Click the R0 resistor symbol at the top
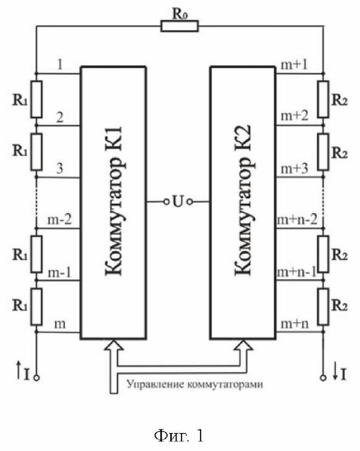[180, 26]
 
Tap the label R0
[180, 14]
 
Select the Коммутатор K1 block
[113, 203]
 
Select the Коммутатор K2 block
[243, 203]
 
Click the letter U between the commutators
[178, 202]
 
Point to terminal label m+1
[294, 65]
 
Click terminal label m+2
[294, 116]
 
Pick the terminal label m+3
[294, 168]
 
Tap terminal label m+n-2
[297, 220]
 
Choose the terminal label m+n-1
[296, 271]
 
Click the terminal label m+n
[294, 324]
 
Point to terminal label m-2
[59, 220]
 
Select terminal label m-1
[59, 272]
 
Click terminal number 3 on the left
[60, 168]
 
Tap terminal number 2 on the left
[60, 117]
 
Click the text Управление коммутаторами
[195, 384]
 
